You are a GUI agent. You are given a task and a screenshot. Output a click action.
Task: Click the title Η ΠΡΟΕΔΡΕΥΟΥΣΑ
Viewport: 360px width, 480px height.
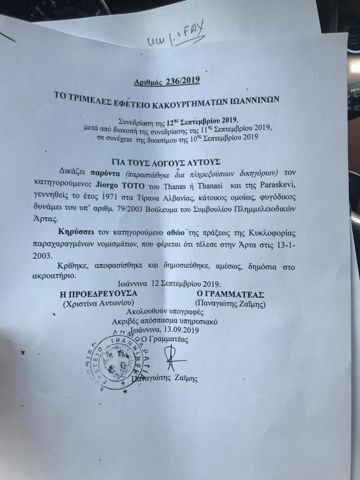(x=98, y=294)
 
